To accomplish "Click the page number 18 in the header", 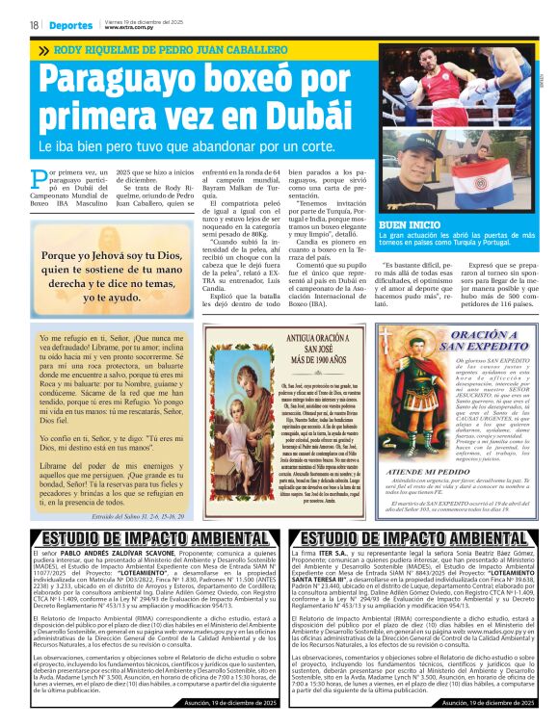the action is (33, 25).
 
